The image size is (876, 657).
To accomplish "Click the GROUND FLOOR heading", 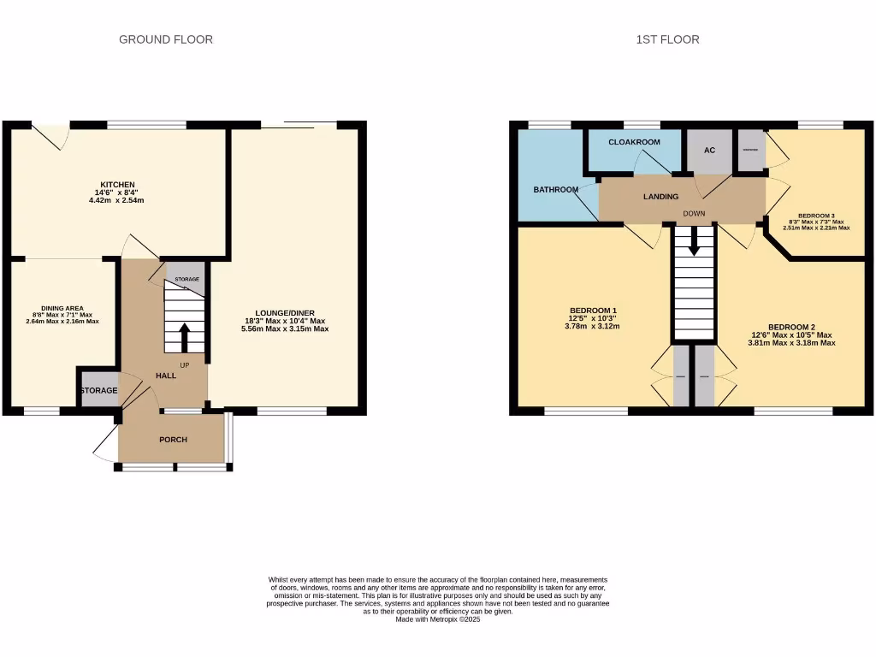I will coord(165,39).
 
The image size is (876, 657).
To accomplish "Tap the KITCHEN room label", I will coord(118,185).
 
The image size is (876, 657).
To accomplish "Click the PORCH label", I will coord(173,440).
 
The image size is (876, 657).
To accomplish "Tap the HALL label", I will coord(166,376).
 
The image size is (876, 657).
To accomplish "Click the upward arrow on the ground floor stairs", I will coord(184,337).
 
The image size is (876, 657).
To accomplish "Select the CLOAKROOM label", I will coord(634,142).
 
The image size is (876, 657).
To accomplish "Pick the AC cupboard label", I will coord(709,151).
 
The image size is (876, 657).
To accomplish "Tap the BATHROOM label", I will coord(556,190).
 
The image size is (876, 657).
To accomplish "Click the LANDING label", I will coord(660,197).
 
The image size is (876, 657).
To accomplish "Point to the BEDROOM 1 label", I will coord(593,311).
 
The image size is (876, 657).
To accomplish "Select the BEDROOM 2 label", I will coord(791,327).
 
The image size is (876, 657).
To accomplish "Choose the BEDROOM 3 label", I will coord(815,216).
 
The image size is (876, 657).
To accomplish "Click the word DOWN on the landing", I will coord(694,214).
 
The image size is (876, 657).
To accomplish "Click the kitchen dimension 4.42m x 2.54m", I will coord(117,201).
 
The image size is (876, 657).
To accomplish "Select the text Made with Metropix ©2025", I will coord(438,620).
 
